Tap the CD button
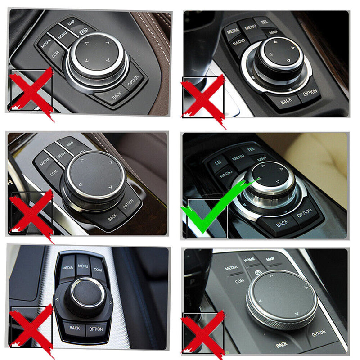tap(217, 162)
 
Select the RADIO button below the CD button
tap(228, 173)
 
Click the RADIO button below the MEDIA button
tap(239, 42)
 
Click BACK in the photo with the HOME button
tap(282, 345)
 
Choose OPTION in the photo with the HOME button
tap(318, 333)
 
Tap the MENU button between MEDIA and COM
tap(83, 266)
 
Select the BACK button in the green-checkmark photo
tap(282, 223)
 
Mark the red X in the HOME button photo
tap(202, 332)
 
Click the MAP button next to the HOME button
tap(270, 260)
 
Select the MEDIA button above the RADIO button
tap(233, 31)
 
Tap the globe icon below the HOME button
tap(258, 273)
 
